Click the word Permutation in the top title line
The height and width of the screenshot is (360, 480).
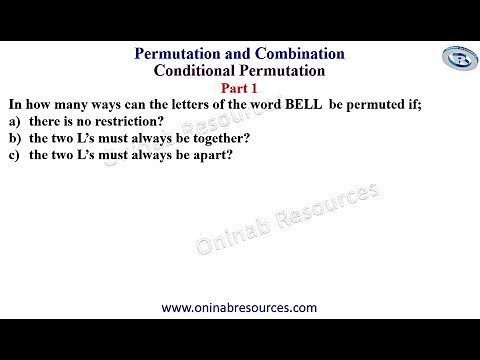187,52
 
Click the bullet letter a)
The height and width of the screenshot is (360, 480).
14,120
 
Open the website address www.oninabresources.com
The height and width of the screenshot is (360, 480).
239,308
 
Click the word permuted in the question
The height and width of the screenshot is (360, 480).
376,103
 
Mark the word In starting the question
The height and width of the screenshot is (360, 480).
14,103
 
